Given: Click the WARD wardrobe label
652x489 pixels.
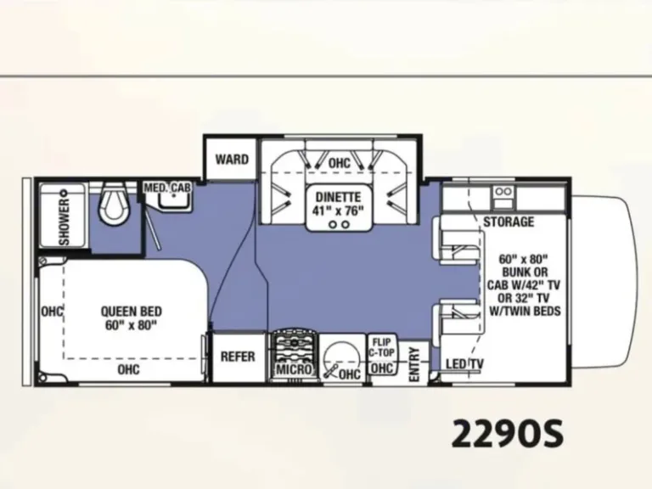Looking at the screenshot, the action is click(232, 160).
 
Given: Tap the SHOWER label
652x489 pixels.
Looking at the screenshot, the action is click(65, 222).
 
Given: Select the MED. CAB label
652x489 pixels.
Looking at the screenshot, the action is click(167, 188).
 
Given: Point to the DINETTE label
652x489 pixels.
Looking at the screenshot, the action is click(338, 197).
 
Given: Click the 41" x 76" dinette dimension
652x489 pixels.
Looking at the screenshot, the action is click(338, 211).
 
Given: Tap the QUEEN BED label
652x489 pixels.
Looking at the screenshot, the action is click(132, 312).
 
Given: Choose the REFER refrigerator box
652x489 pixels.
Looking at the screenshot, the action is click(238, 357).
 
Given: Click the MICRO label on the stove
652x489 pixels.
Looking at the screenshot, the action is click(294, 368).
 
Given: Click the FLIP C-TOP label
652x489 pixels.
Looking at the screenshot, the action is click(381, 347).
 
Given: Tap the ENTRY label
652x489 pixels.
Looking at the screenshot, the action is click(414, 364).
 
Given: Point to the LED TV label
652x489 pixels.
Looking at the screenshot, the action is click(464, 364).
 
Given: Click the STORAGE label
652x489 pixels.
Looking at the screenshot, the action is click(509, 222).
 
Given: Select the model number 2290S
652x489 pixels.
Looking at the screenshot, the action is click(508, 433).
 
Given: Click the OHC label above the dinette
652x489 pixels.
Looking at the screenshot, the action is click(340, 163).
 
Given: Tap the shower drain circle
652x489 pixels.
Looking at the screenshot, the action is click(64, 193).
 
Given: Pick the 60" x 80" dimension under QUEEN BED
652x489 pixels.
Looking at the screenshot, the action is click(132, 325).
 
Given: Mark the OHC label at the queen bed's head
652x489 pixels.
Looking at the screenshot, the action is click(52, 312).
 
